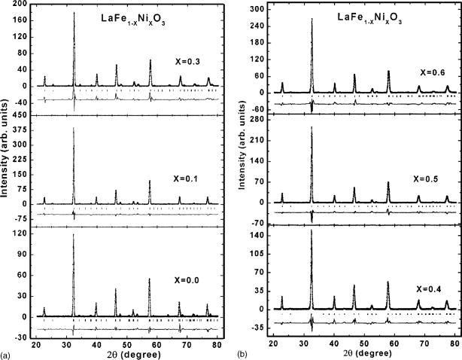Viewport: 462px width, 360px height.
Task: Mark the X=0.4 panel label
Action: click(429, 288)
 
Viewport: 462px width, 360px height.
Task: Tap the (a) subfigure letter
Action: click(7, 354)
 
